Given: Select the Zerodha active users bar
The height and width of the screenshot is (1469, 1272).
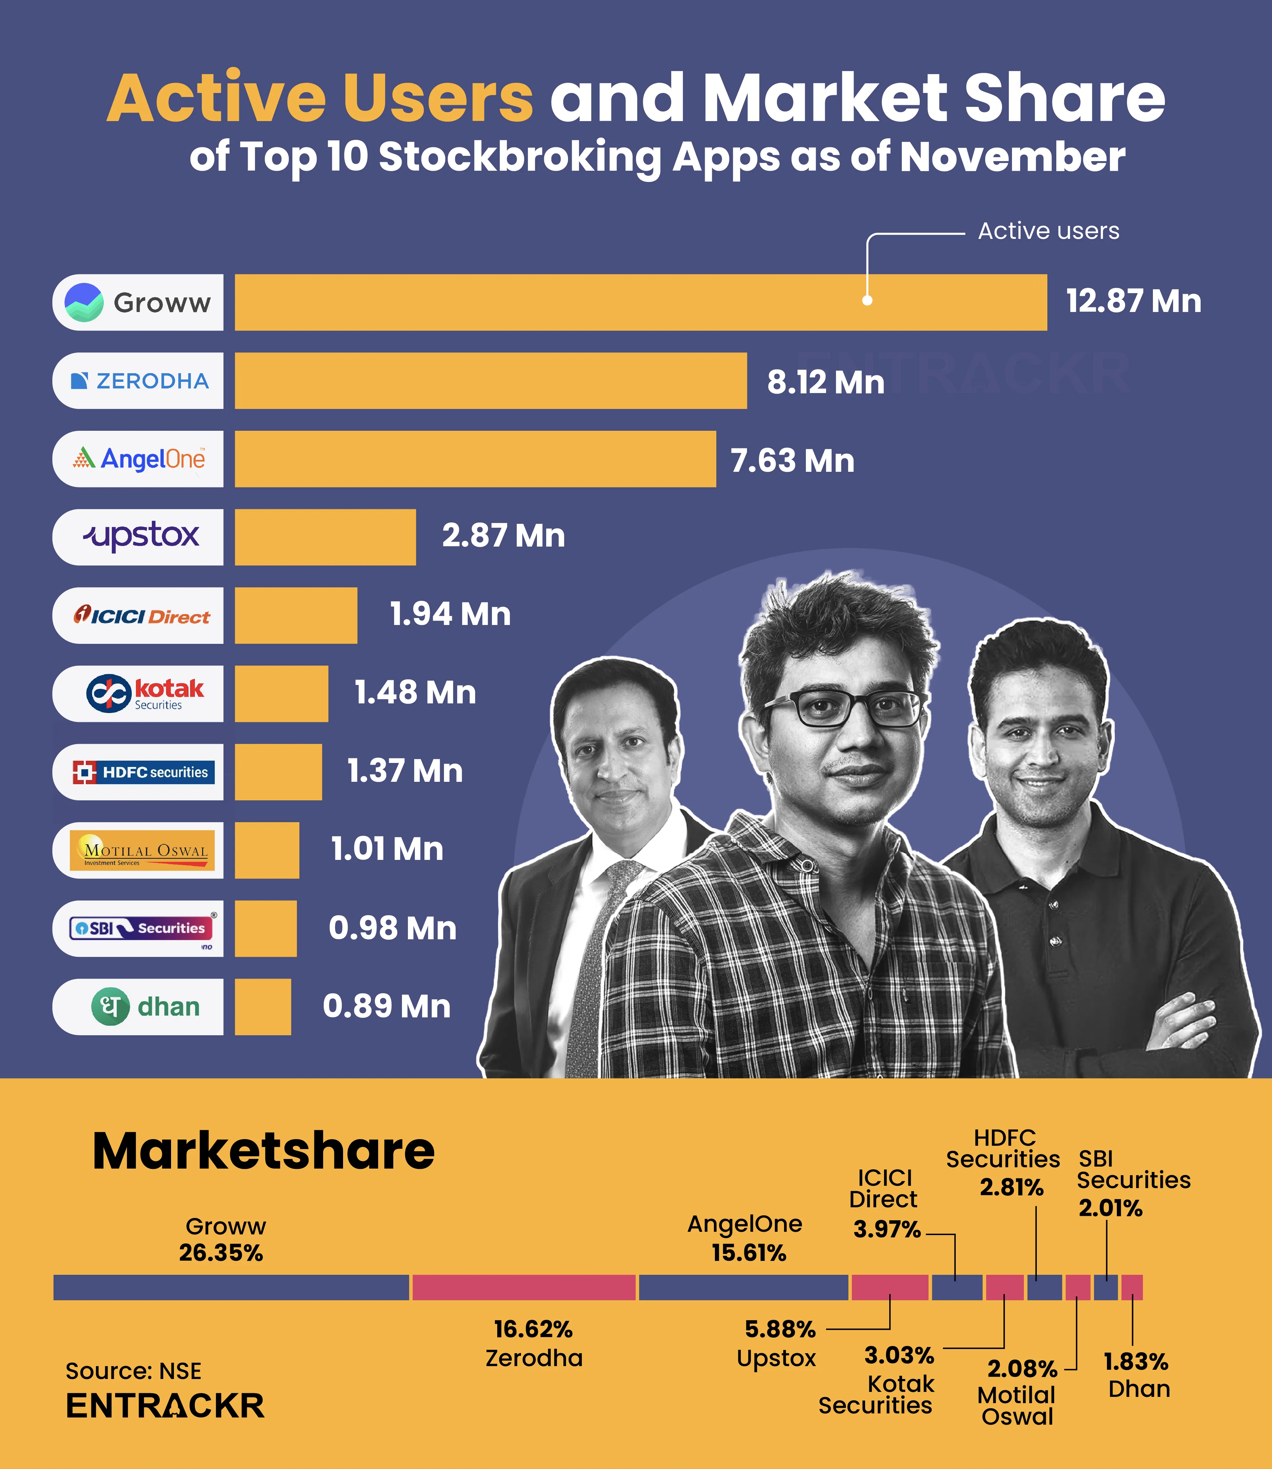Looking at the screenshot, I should click(x=491, y=380).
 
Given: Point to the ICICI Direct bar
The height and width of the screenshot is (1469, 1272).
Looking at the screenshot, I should click(x=296, y=615).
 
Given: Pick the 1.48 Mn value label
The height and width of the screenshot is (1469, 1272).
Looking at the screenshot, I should click(x=415, y=692).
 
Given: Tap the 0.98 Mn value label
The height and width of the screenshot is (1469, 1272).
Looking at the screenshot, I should click(x=393, y=928).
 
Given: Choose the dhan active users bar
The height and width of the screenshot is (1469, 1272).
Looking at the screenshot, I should click(x=263, y=1006).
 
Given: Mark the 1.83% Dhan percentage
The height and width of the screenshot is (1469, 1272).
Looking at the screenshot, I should click(x=1136, y=1361).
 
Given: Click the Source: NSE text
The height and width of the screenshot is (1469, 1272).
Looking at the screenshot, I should click(x=133, y=1370).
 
